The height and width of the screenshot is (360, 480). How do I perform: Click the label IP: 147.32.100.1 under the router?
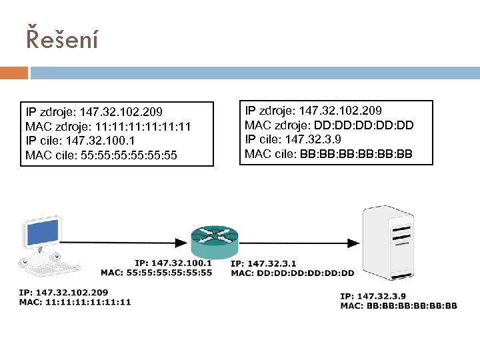coord(173,263)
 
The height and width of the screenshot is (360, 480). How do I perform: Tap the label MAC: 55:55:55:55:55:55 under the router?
coord(156,273)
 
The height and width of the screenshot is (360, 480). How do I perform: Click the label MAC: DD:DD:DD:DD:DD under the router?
coord(293,273)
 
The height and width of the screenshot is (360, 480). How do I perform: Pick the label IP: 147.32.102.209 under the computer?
coord(63,292)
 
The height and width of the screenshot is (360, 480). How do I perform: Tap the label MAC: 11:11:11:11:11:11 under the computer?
coord(75,301)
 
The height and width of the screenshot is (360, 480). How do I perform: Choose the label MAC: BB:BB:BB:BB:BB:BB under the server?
coord(399,306)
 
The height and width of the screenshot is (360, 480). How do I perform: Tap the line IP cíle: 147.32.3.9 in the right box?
coord(295,140)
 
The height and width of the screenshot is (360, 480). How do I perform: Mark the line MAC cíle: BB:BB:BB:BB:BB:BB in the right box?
coord(329,155)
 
